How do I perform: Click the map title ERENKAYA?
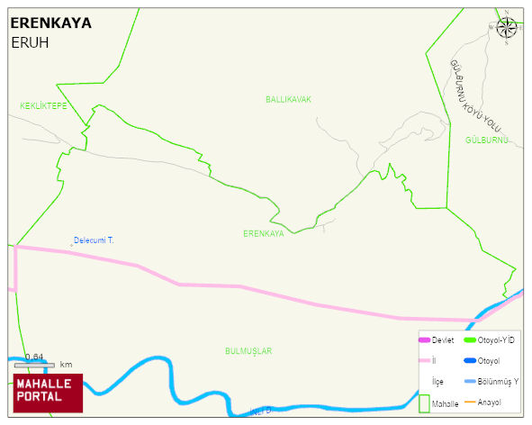[50, 23]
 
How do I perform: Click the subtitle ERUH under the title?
[30, 42]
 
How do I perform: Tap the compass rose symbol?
[507, 27]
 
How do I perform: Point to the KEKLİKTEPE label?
[44, 106]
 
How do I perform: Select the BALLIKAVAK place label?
[288, 99]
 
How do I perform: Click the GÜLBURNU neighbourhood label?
[487, 140]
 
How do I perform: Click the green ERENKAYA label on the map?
[263, 233]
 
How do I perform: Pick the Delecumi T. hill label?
[94, 240]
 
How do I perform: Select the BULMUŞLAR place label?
[248, 350]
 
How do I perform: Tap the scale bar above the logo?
[34, 365]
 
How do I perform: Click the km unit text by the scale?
[66, 365]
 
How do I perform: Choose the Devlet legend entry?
[442, 340]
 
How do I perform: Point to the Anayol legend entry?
[489, 402]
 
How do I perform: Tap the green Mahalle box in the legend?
[425, 403]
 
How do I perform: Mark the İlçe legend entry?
[437, 381]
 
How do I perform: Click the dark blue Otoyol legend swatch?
[470, 361]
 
